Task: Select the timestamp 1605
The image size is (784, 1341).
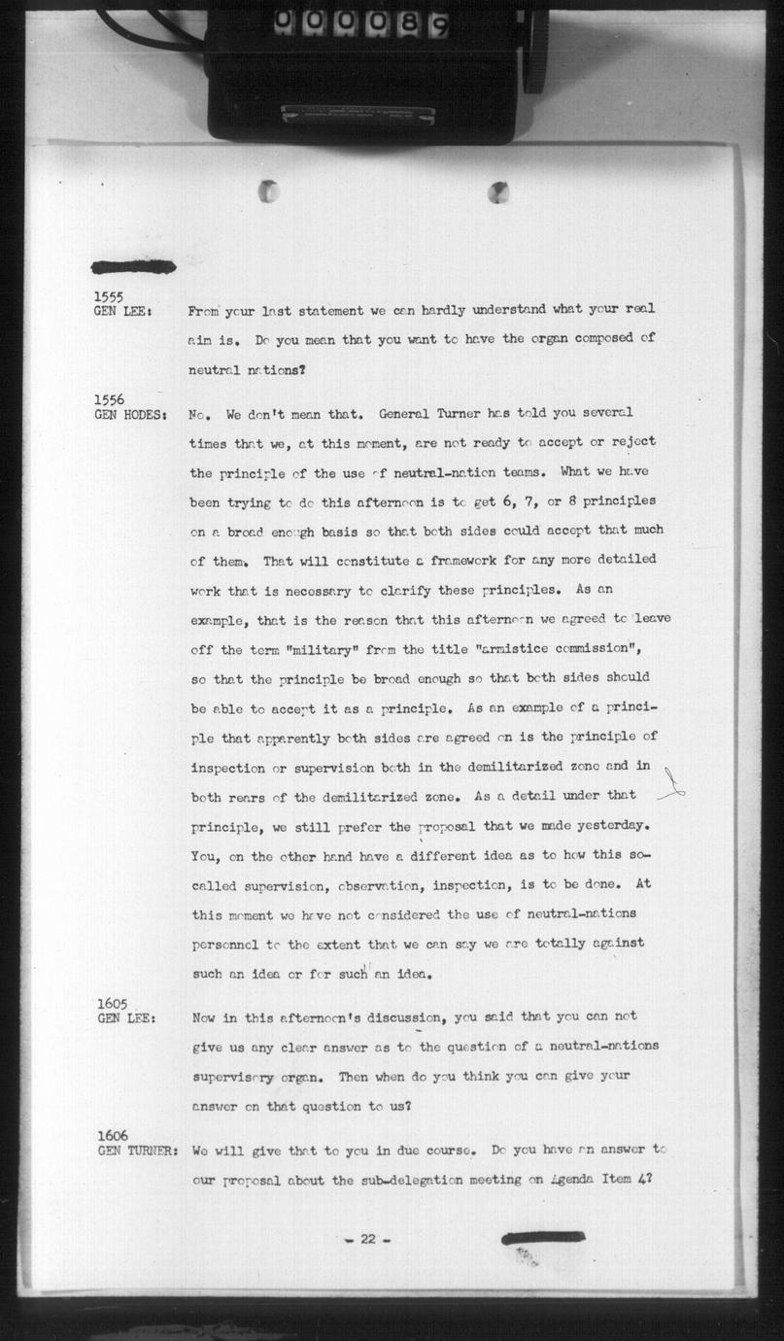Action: click(x=113, y=1003)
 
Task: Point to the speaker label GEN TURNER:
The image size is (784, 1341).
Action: click(x=137, y=1151)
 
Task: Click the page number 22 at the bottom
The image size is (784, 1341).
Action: click(x=367, y=1239)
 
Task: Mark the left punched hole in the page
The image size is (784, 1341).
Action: click(x=269, y=191)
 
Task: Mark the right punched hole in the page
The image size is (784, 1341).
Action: click(x=498, y=192)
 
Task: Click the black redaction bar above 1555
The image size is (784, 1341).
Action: click(x=133, y=266)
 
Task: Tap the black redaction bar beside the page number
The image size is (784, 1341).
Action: click(x=542, y=1237)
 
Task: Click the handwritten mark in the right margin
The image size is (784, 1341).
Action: click(x=672, y=785)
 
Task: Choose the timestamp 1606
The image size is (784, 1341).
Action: click(x=113, y=1136)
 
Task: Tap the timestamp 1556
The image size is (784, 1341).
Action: click(x=109, y=399)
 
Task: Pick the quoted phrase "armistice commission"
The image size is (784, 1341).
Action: click(x=558, y=649)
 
